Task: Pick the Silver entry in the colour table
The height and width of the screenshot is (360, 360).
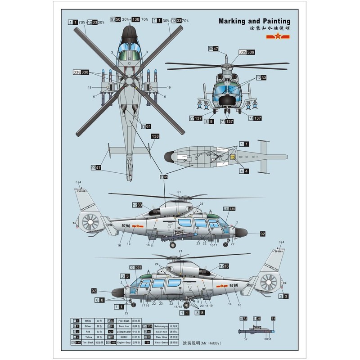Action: (x=88, y=326)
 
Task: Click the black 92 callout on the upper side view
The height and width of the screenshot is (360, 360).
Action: (x=263, y=234)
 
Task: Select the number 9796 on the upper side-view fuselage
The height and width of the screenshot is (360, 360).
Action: (x=125, y=226)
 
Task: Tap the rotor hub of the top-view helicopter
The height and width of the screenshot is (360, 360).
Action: (x=129, y=81)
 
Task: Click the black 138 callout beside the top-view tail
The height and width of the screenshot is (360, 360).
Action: (x=155, y=136)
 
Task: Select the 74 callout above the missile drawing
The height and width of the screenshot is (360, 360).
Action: (x=273, y=318)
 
